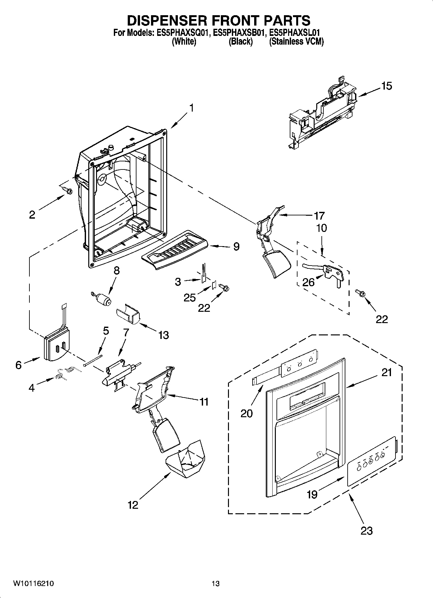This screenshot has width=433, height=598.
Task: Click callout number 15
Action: point(386,86)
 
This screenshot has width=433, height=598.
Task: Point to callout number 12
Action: point(133,505)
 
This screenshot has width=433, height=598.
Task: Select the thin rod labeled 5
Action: point(92,360)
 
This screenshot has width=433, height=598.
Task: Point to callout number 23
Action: point(366,531)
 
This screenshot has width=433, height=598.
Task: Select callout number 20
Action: point(246,413)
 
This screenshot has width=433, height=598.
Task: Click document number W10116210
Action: point(34,583)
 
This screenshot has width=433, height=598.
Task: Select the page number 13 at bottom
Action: point(216,583)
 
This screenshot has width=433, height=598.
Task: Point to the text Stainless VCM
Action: point(296,42)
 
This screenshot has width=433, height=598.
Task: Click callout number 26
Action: point(308,282)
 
